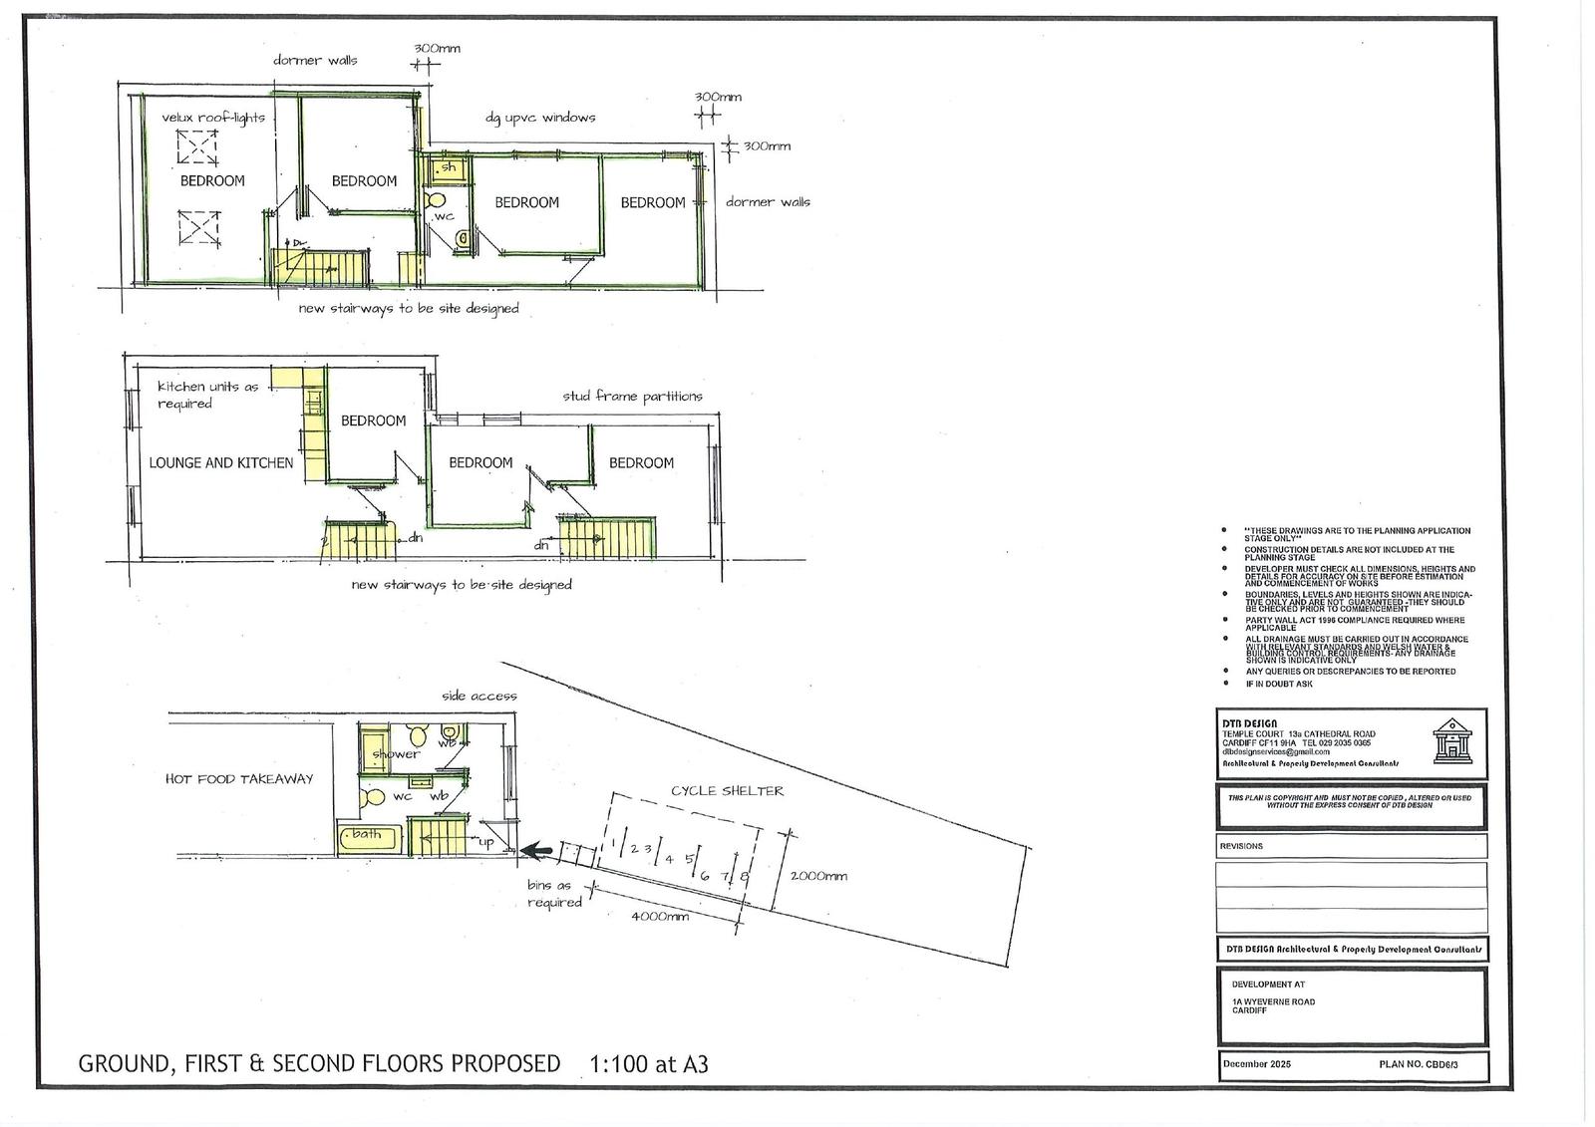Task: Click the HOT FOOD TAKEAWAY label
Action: pyautogui.click(x=239, y=779)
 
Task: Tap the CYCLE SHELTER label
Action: pyautogui.click(x=727, y=791)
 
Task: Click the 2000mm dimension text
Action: pyautogui.click(x=818, y=876)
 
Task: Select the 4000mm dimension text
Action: pyautogui.click(x=660, y=916)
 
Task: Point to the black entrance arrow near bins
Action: pyautogui.click(x=537, y=851)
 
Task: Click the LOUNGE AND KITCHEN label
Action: pyautogui.click(x=221, y=462)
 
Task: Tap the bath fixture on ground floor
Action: pyautogui.click(x=369, y=837)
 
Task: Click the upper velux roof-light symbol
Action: pyautogui.click(x=197, y=148)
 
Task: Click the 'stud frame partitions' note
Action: pyautogui.click(x=632, y=396)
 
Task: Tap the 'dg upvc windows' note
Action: pyautogui.click(x=540, y=118)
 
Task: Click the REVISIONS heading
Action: pyautogui.click(x=1241, y=846)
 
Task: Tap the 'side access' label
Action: pyautogui.click(x=479, y=696)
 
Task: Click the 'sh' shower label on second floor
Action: pyautogui.click(x=449, y=168)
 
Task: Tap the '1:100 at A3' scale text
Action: pyautogui.click(x=649, y=1063)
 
